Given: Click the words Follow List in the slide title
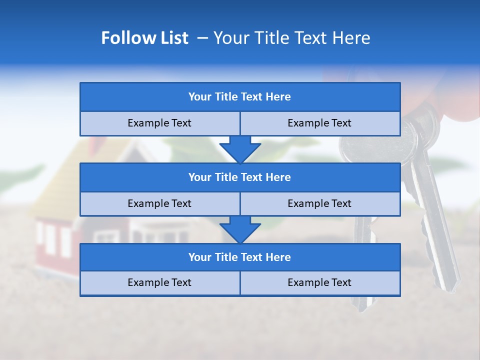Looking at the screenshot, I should tap(144, 38).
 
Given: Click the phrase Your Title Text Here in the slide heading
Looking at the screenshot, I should tap(291, 38).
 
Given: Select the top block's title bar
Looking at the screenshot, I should tap(239, 97).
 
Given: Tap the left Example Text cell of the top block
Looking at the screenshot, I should tap(159, 123).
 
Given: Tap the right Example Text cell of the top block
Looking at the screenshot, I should tap(319, 123).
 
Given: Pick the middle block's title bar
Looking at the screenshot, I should tap(239, 177).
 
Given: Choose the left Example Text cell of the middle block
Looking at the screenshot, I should tap(159, 203).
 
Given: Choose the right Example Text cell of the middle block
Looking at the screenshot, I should tap(319, 203).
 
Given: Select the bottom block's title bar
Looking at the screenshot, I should tap(239, 257).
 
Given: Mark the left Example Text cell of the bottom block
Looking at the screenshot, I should tap(159, 282).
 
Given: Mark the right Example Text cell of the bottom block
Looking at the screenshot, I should tap(319, 282).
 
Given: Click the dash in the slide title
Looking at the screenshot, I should tap(202, 38).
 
